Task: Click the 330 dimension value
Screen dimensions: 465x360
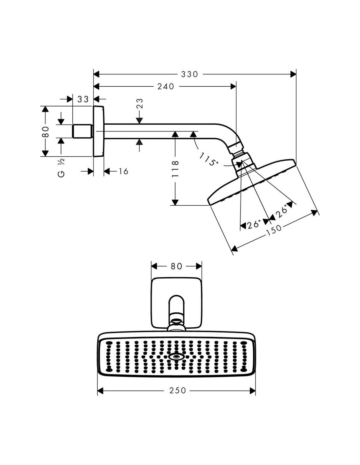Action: (189, 75)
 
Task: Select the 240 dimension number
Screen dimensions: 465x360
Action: (166, 86)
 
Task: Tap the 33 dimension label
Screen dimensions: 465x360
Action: (83, 99)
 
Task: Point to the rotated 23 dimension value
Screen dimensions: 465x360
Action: (140, 104)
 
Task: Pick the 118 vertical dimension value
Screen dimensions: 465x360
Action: (175, 169)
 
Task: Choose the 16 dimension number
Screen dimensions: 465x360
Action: (123, 171)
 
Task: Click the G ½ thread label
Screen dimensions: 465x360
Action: (61, 167)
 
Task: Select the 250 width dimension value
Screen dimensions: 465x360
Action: (178, 390)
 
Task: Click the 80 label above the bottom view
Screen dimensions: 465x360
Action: (176, 266)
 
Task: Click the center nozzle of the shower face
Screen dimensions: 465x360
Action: (176, 357)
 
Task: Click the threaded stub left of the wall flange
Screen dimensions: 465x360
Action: (82, 131)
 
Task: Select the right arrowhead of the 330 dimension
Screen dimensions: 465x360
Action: (293, 75)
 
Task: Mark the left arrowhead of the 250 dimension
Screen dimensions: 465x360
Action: (101, 390)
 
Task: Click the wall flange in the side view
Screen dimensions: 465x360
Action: (99, 131)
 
